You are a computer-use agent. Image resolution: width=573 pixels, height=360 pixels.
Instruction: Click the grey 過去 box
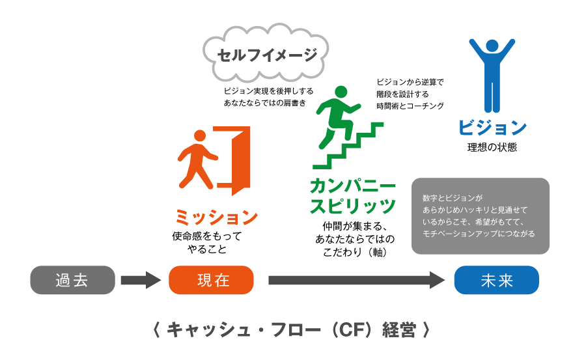(72, 280)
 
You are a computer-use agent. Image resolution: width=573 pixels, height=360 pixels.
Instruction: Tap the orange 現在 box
(211, 280)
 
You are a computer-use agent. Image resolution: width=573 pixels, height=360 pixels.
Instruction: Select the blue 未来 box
(497, 280)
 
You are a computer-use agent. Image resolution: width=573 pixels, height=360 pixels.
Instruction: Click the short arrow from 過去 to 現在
(141, 280)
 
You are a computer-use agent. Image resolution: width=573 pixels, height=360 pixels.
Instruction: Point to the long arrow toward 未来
(357, 280)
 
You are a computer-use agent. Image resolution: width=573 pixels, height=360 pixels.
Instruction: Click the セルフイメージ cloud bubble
(266, 55)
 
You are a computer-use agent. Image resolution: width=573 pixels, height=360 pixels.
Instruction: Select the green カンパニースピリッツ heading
(353, 196)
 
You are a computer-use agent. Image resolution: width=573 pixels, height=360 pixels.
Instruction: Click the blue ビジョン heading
(492, 127)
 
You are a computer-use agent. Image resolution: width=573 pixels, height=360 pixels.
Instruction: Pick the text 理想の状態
(492, 147)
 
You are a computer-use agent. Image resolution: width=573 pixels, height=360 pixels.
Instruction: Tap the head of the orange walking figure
(199, 135)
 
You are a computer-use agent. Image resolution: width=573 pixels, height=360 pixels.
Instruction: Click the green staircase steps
(348, 146)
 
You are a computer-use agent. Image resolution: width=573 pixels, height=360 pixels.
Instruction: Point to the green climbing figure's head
(341, 92)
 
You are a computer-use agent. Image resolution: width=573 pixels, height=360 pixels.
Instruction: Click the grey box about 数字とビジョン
(480, 216)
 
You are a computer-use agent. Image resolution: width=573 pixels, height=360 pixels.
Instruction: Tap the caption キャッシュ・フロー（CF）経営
(291, 329)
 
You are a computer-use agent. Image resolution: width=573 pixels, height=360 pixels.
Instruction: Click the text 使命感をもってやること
(207, 242)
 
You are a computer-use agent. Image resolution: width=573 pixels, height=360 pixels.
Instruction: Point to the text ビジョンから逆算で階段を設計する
(410, 88)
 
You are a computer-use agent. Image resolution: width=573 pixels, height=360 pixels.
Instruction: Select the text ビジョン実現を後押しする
(268, 91)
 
